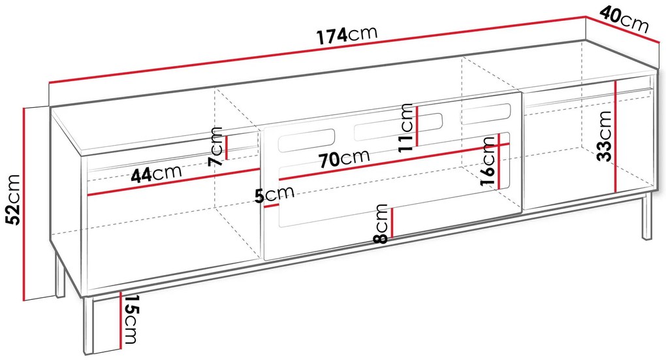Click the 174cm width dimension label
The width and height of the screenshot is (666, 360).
(x=347, y=35)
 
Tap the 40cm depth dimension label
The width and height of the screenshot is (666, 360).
(x=624, y=20)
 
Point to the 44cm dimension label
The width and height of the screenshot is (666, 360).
(x=156, y=173)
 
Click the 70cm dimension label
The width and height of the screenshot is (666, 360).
(x=345, y=159)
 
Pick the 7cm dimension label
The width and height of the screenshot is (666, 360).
(x=215, y=146)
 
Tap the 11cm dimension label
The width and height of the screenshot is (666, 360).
(x=406, y=127)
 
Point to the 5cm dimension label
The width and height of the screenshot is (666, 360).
(x=274, y=194)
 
